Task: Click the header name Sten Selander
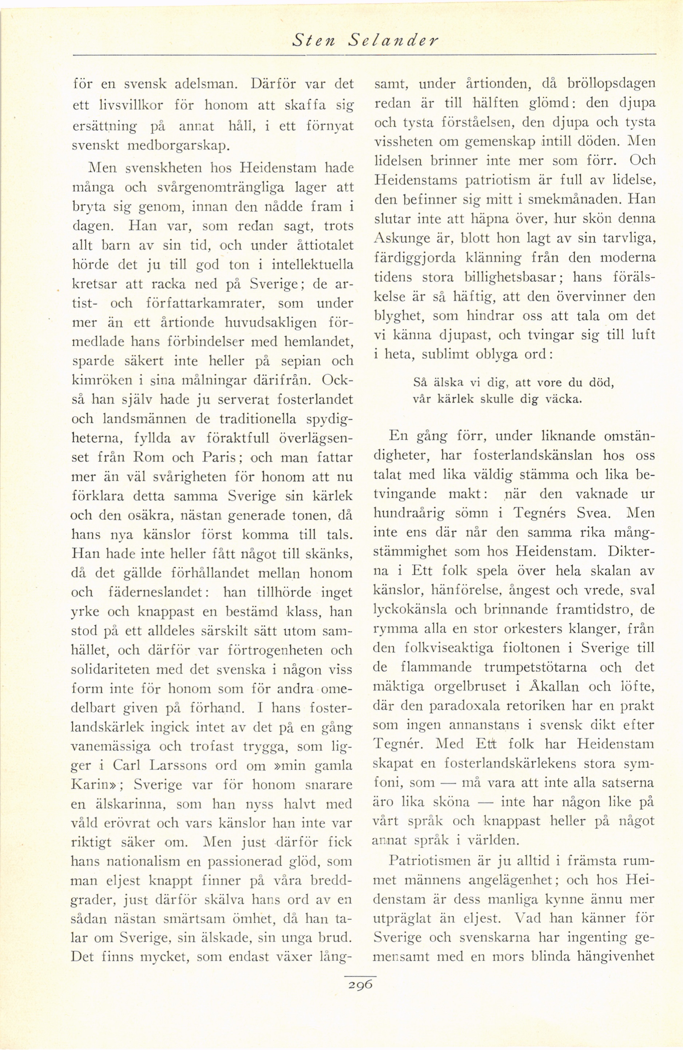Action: [365, 41]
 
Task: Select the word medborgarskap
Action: [151, 146]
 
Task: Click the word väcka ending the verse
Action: [561, 400]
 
